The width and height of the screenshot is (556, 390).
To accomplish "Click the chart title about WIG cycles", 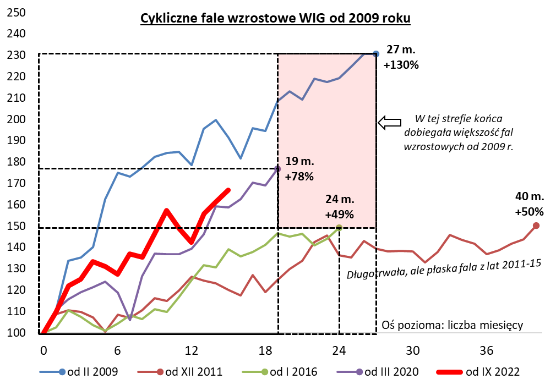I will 275,19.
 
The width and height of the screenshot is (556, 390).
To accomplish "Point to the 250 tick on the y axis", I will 18,13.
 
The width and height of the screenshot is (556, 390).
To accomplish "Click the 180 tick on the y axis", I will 18,162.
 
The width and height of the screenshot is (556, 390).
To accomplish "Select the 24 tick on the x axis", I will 339,351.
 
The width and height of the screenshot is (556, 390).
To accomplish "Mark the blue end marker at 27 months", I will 376,53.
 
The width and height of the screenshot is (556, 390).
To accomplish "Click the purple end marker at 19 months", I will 278,168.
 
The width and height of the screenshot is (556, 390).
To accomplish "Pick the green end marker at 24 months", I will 339,227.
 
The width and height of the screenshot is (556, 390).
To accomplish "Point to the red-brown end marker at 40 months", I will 536,226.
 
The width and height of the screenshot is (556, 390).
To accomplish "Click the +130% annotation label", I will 401,65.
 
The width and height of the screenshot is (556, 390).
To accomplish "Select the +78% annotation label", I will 299,177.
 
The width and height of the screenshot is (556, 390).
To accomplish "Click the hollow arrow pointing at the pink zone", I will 390,122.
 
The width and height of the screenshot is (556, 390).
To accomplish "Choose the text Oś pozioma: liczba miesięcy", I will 452,325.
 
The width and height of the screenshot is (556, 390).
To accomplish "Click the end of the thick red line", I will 228,190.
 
